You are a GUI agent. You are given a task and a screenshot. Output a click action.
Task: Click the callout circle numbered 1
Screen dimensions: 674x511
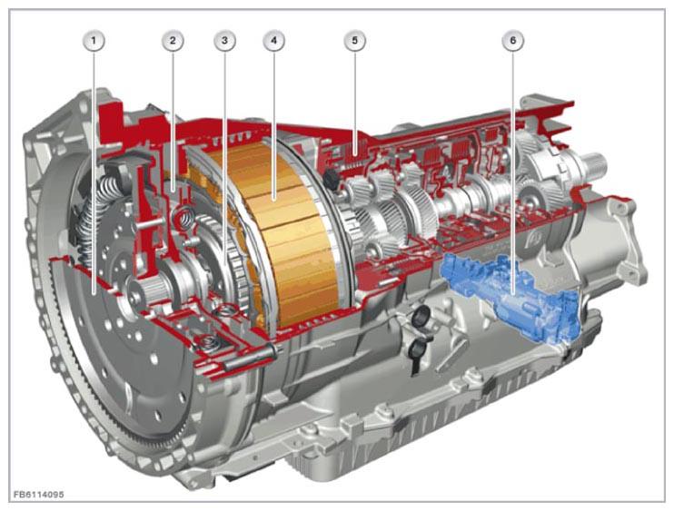tap(94, 41)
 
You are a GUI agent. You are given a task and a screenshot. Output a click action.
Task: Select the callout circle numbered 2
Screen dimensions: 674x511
tap(173, 41)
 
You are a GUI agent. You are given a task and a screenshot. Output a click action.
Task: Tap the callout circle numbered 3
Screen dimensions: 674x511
tap(224, 41)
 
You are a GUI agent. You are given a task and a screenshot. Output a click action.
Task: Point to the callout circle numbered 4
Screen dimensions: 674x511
tap(273, 41)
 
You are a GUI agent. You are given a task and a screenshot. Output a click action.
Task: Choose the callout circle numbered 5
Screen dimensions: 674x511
tap(354, 41)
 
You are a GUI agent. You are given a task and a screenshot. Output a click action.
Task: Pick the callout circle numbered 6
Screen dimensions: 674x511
tap(513, 41)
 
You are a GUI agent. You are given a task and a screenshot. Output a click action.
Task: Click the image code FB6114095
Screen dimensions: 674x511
tap(39, 495)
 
